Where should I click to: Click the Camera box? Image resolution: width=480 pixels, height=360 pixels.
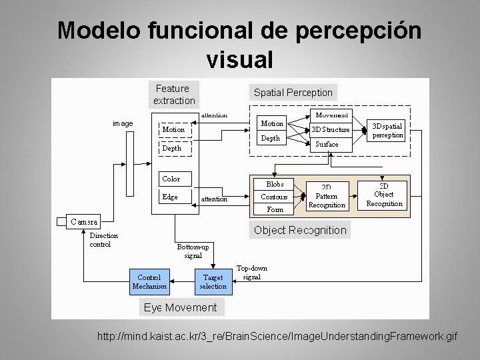[84, 221]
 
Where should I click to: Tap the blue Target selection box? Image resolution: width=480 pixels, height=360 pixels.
[213, 281]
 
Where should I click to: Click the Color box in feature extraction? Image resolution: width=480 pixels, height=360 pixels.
[171, 179]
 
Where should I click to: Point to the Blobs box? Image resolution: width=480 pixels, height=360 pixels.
[275, 184]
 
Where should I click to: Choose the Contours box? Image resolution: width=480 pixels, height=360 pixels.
[274, 197]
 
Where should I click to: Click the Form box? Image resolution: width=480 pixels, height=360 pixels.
[275, 209]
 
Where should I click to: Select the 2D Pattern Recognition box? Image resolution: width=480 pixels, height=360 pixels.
[327, 197]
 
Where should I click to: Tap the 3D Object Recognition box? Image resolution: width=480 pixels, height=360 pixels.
[384, 195]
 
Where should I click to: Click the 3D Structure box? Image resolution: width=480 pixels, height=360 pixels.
[331, 129]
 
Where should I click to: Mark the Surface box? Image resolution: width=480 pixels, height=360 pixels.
[327, 144]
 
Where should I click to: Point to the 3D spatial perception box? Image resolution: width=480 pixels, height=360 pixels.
[387, 130]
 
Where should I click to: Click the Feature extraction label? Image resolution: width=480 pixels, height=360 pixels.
[174, 95]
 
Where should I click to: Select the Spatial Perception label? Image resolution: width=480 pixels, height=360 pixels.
[293, 93]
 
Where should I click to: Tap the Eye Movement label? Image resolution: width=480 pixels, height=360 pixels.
[181, 307]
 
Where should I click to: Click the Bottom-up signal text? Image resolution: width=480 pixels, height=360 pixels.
[193, 251]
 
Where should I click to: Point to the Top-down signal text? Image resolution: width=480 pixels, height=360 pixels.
[252, 272]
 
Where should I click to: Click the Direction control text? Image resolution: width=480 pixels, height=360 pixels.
[104, 239]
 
